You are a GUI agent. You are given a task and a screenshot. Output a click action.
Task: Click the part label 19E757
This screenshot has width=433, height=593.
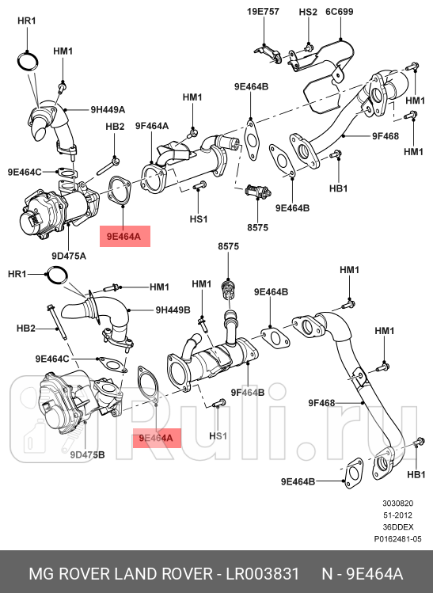point(263,13)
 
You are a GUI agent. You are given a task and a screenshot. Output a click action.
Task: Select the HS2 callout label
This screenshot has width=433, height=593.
point(307,13)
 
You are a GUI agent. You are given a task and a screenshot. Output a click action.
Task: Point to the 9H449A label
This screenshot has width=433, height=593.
point(108,109)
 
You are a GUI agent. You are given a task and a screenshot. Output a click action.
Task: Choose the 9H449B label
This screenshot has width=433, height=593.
point(173,310)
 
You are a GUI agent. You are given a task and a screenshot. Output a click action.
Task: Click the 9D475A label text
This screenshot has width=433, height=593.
point(69,256)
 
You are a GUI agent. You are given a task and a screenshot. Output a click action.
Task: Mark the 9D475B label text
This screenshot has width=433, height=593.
point(87,454)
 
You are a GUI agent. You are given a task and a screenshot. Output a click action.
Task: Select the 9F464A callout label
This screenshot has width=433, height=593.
point(151,126)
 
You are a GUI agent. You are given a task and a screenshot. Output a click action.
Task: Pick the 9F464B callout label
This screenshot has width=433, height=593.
point(247,392)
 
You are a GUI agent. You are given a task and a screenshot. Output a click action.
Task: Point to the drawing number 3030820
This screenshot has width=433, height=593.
point(397,504)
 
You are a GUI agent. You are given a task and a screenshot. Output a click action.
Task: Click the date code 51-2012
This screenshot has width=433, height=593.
point(397,515)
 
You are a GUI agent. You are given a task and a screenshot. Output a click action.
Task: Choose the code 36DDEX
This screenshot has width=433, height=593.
point(397,527)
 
